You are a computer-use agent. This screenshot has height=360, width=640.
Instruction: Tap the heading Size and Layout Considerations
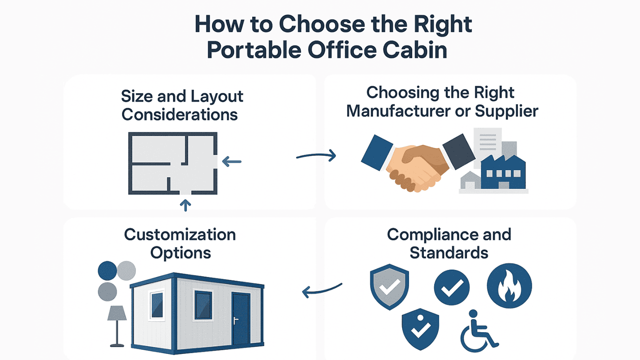click(182, 105)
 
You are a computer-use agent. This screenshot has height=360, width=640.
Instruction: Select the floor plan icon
click(173, 163)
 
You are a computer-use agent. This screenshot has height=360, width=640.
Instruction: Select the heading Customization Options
click(180, 244)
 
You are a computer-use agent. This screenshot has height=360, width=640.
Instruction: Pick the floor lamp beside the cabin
click(117, 325)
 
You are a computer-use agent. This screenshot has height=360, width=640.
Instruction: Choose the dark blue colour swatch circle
click(108, 270)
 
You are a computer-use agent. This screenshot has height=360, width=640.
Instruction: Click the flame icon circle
click(509, 286)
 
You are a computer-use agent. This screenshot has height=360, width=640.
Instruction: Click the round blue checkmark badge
click(451, 288)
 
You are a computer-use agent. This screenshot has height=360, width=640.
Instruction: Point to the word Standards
click(449, 253)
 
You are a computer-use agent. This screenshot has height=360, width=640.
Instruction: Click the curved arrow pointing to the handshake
click(316, 156)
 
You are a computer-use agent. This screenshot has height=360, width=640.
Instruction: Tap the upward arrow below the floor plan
click(186, 205)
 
